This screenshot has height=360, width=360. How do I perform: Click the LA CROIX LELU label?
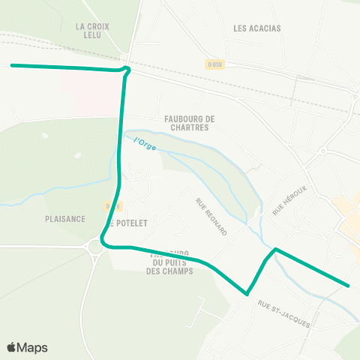point(93,31)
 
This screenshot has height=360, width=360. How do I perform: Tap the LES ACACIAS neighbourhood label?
point(256,28)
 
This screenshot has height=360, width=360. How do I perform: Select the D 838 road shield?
point(214,64)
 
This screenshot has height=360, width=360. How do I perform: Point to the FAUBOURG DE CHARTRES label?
point(190,122)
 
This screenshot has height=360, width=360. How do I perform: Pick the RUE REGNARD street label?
point(211,217)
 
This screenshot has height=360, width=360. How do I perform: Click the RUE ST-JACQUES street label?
point(283,313)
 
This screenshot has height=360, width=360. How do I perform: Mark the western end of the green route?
point(12,65)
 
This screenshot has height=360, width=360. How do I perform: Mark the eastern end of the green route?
point(349,285)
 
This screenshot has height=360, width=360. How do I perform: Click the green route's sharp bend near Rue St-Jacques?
point(246,294)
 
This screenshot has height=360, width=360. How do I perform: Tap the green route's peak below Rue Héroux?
point(276,248)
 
